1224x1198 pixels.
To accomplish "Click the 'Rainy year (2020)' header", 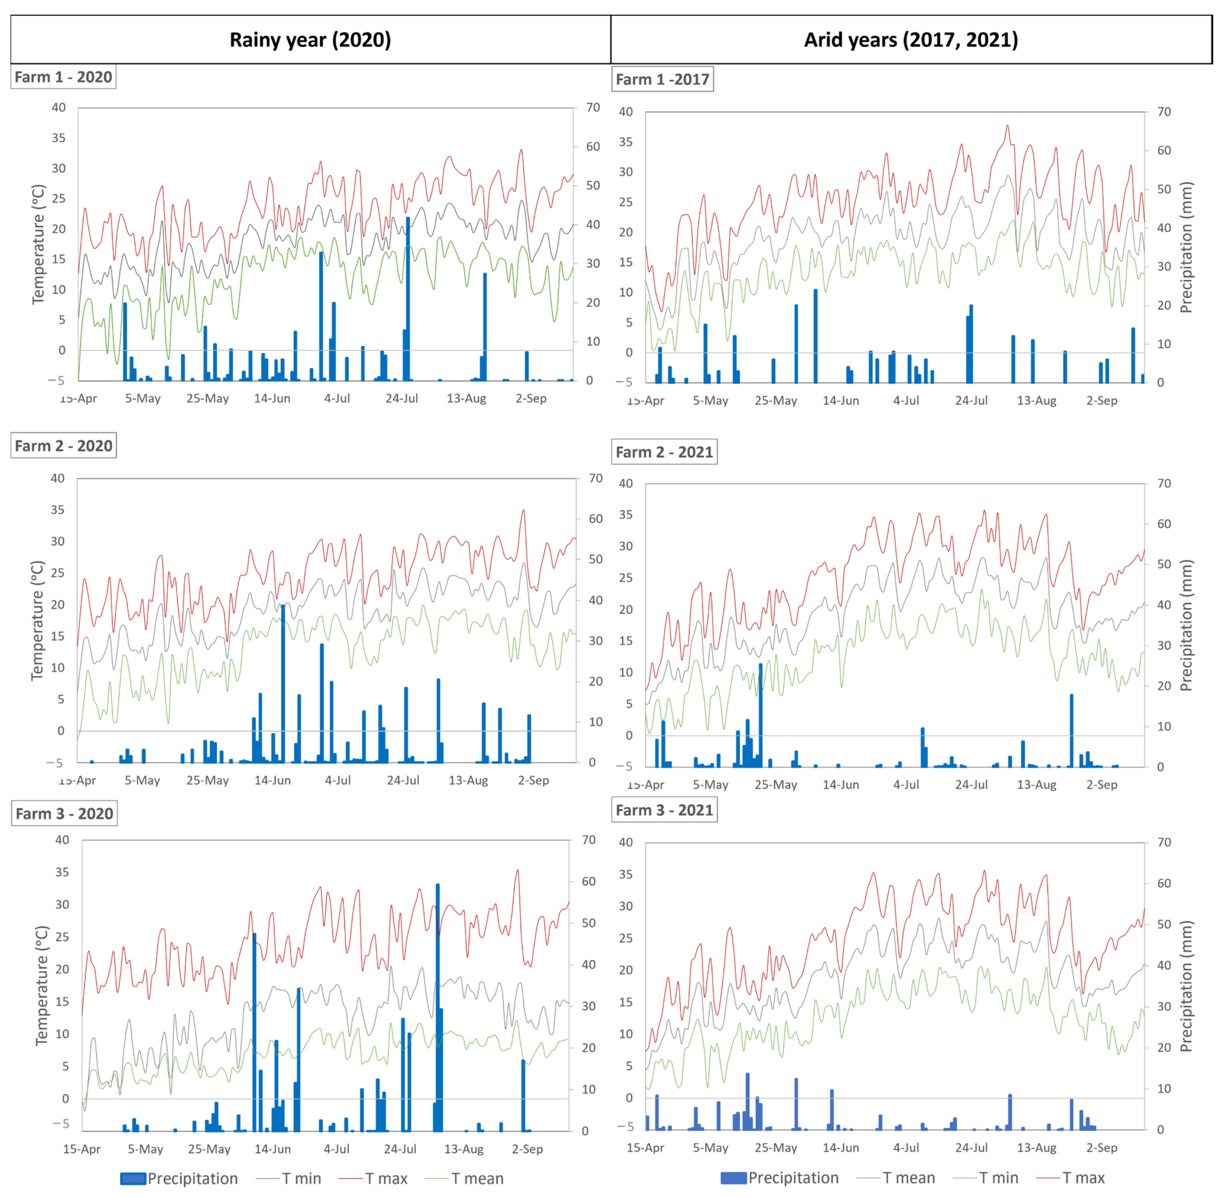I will [310, 40].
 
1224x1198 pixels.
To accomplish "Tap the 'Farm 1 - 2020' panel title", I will [63, 77].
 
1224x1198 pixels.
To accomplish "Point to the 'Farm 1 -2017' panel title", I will [662, 79].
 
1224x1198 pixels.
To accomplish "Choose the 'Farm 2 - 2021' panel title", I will [664, 452].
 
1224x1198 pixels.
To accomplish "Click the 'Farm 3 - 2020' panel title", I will [64, 814].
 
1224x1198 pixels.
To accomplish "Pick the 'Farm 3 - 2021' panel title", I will [664, 810].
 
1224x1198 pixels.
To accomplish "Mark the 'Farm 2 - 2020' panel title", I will [63, 446].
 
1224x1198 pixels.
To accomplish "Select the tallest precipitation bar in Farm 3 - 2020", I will [437, 1007].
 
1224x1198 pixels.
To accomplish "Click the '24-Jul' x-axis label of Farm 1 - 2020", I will [402, 398].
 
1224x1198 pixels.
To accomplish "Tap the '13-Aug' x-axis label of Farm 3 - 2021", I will [1036, 1147].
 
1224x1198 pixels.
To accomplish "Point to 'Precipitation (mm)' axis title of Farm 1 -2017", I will [1186, 247].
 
